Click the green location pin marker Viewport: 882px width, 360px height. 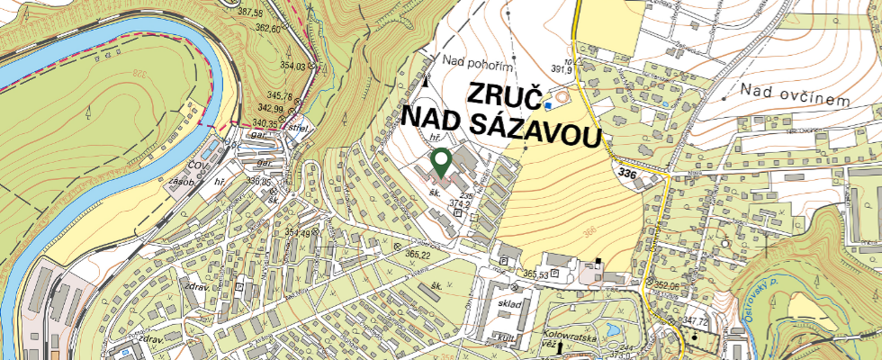[441, 163]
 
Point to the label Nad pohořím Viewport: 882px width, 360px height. [478, 61]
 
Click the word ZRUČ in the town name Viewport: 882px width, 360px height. [504, 96]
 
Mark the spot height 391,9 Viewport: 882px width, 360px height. [562, 69]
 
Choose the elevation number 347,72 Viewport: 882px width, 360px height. [697, 320]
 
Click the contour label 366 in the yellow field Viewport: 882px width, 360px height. [589, 232]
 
